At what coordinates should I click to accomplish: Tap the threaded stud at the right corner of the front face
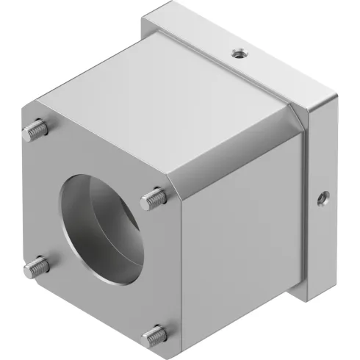point(154,197)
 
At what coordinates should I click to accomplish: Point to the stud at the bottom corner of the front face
point(154,336)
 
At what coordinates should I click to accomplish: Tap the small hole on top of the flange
point(237,53)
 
